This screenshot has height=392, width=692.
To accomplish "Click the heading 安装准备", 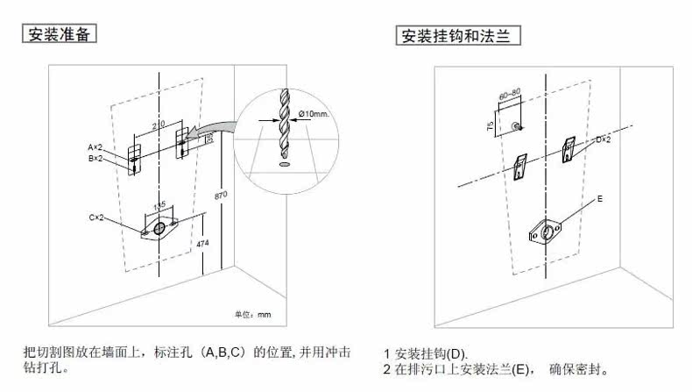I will [59, 35].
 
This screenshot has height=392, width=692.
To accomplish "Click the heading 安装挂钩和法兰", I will [454, 36].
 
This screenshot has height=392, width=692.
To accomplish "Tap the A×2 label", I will [95, 146].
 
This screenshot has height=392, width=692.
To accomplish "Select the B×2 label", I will [95, 159].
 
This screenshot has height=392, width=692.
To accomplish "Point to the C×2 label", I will [95, 217].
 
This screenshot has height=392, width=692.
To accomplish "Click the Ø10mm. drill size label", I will [312, 114].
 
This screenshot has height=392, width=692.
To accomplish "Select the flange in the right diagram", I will [546, 231].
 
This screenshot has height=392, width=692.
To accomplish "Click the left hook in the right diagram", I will [521, 168].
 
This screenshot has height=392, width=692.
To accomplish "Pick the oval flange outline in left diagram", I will [159, 228].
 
